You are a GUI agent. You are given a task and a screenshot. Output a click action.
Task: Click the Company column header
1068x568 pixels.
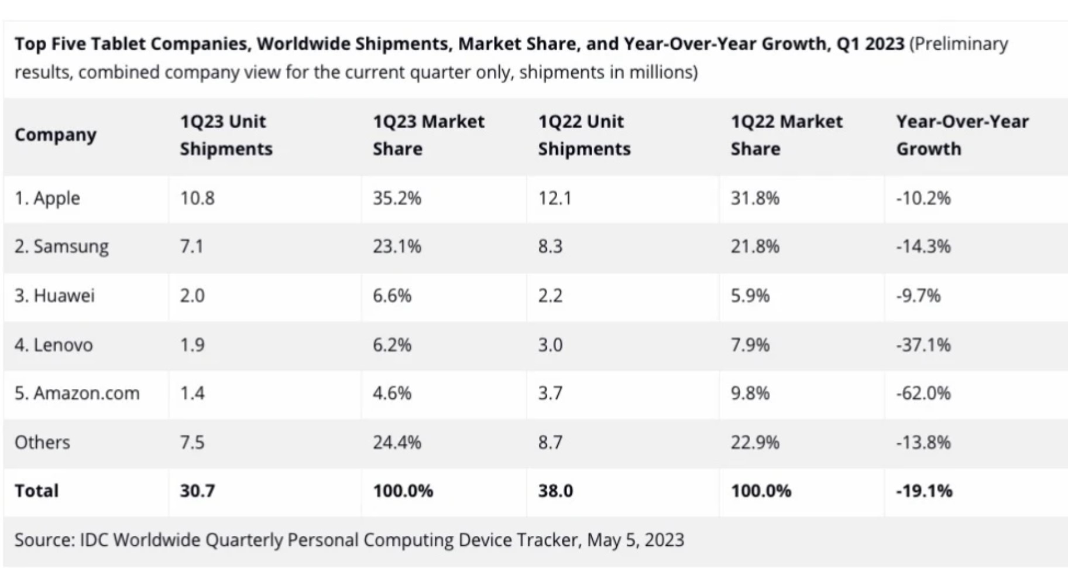click(x=56, y=135)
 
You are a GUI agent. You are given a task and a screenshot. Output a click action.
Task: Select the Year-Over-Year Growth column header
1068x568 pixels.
click(x=961, y=135)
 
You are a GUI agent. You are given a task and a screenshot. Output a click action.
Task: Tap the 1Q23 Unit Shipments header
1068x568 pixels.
click(x=226, y=135)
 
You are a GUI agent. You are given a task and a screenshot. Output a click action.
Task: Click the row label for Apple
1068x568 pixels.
click(x=47, y=198)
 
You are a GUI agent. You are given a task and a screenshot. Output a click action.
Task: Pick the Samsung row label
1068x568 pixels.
click(x=61, y=247)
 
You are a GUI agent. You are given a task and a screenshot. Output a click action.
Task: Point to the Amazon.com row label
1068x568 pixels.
click(x=77, y=393)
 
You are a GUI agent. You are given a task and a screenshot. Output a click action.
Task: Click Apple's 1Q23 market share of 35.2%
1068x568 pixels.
click(x=397, y=198)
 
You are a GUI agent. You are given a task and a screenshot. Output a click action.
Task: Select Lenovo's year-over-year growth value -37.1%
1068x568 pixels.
click(x=923, y=344)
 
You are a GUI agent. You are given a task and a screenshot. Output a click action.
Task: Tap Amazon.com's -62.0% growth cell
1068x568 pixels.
click(x=923, y=393)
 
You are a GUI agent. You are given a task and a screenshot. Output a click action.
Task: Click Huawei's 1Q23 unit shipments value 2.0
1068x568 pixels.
click(x=192, y=295)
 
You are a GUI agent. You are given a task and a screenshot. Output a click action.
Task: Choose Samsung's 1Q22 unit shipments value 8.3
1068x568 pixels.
click(x=550, y=247)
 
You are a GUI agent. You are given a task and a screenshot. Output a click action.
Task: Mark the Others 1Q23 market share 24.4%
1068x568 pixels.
click(x=397, y=442)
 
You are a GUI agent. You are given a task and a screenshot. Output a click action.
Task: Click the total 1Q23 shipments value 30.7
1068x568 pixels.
click(x=197, y=491)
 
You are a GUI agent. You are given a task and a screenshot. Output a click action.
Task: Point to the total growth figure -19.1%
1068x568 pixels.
click(x=924, y=491)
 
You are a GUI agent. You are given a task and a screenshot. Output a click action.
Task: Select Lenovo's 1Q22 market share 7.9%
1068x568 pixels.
click(x=750, y=344)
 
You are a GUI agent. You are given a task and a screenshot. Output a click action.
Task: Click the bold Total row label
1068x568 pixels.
click(x=36, y=491)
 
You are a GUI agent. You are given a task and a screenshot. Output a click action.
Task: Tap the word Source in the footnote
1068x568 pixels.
click(x=44, y=539)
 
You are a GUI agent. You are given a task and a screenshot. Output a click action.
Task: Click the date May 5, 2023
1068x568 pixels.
click(x=635, y=539)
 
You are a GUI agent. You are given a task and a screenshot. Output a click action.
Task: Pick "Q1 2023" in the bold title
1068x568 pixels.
click(x=870, y=44)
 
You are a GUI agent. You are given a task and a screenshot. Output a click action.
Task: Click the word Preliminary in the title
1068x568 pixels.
click(x=960, y=44)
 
